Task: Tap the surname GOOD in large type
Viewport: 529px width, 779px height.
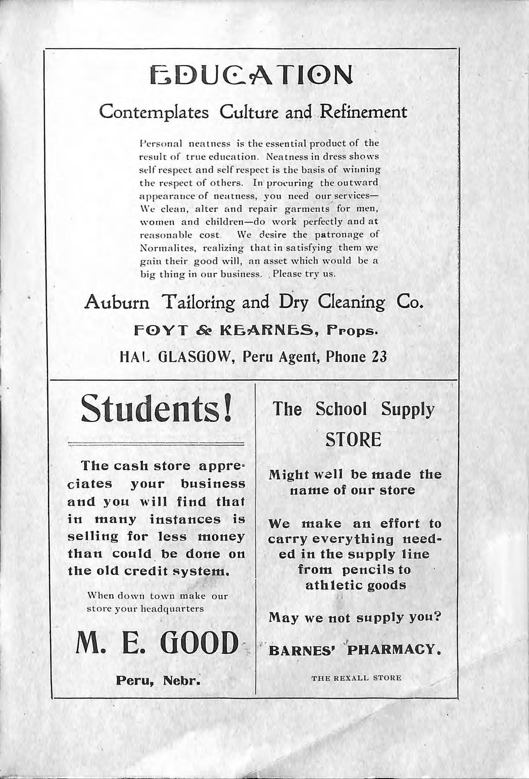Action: click(x=200, y=643)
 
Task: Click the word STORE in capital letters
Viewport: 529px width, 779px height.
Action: click(x=353, y=440)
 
